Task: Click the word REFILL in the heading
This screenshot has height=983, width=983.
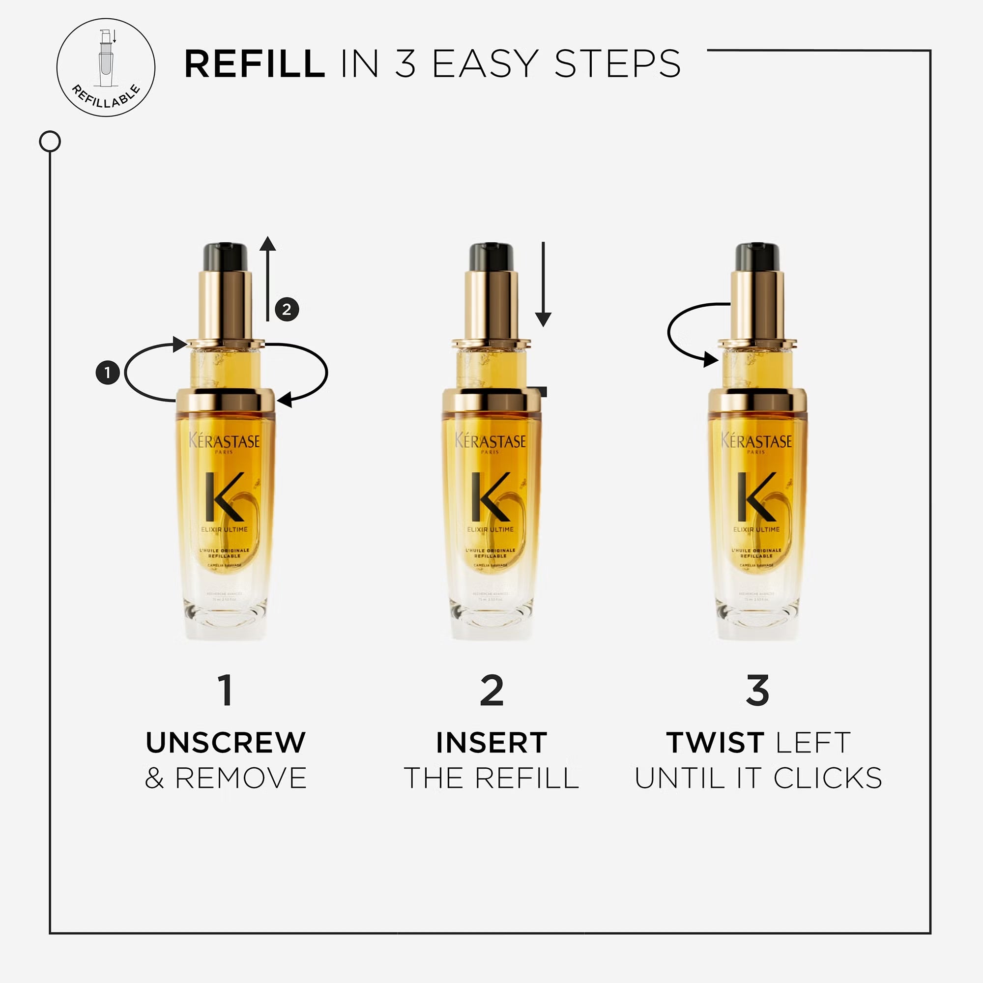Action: (255, 64)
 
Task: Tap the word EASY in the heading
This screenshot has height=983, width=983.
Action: (485, 64)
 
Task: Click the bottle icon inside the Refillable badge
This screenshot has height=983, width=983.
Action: (106, 59)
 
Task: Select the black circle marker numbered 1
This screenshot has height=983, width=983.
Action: (107, 373)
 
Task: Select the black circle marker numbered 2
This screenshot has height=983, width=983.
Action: (287, 309)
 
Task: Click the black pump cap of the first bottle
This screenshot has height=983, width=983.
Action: (226, 257)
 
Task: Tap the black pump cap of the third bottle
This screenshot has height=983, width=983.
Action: (757, 257)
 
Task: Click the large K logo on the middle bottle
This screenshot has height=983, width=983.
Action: (491, 496)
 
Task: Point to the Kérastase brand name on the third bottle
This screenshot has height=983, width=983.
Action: (756, 440)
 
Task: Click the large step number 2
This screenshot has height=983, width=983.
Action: (491, 691)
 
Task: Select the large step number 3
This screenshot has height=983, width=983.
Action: (757, 691)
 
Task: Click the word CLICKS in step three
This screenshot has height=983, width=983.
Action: (827, 779)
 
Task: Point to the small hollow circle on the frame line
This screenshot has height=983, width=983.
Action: (50, 142)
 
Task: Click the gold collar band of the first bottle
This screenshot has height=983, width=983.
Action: (225, 401)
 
